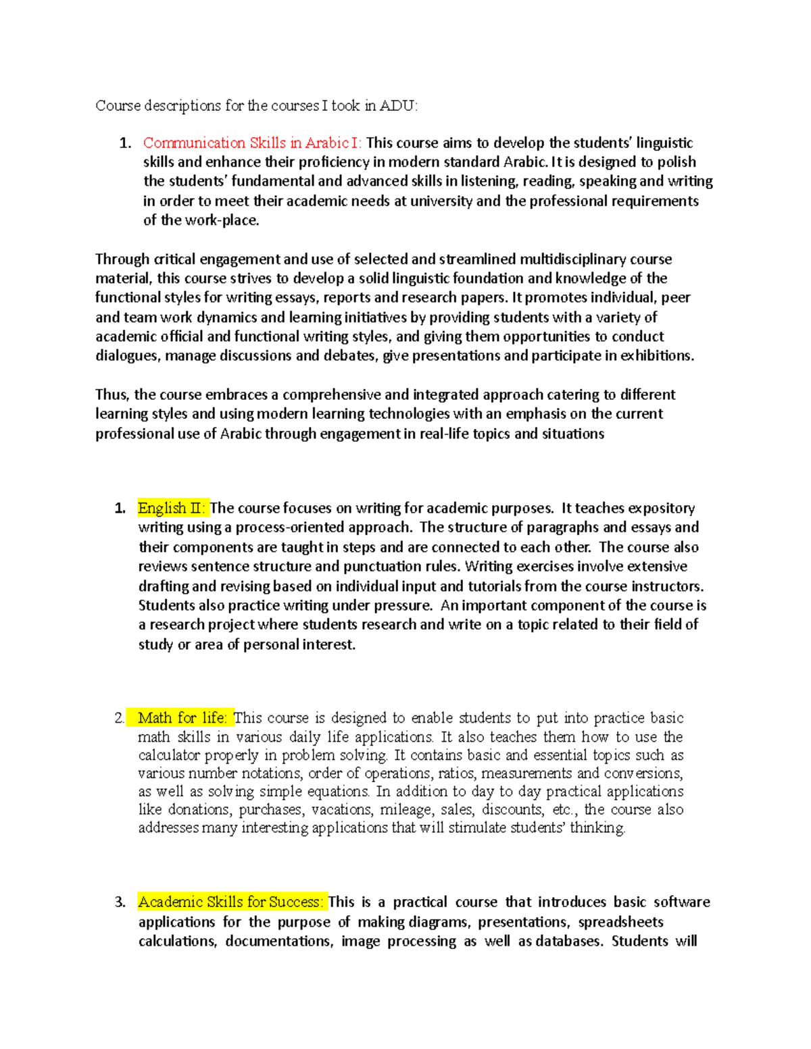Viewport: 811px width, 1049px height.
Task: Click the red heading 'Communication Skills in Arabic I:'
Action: click(x=252, y=143)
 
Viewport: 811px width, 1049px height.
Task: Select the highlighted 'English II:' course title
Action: click(x=172, y=508)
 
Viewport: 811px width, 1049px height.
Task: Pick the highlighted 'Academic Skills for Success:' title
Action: click(x=230, y=902)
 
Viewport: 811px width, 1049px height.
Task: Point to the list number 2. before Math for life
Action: click(x=120, y=717)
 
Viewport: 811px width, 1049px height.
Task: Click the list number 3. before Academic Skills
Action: click(x=120, y=902)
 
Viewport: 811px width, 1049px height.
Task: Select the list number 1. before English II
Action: click(x=120, y=508)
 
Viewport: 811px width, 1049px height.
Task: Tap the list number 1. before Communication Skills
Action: click(x=124, y=143)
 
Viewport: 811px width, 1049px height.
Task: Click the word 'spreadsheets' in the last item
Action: click(x=620, y=922)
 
